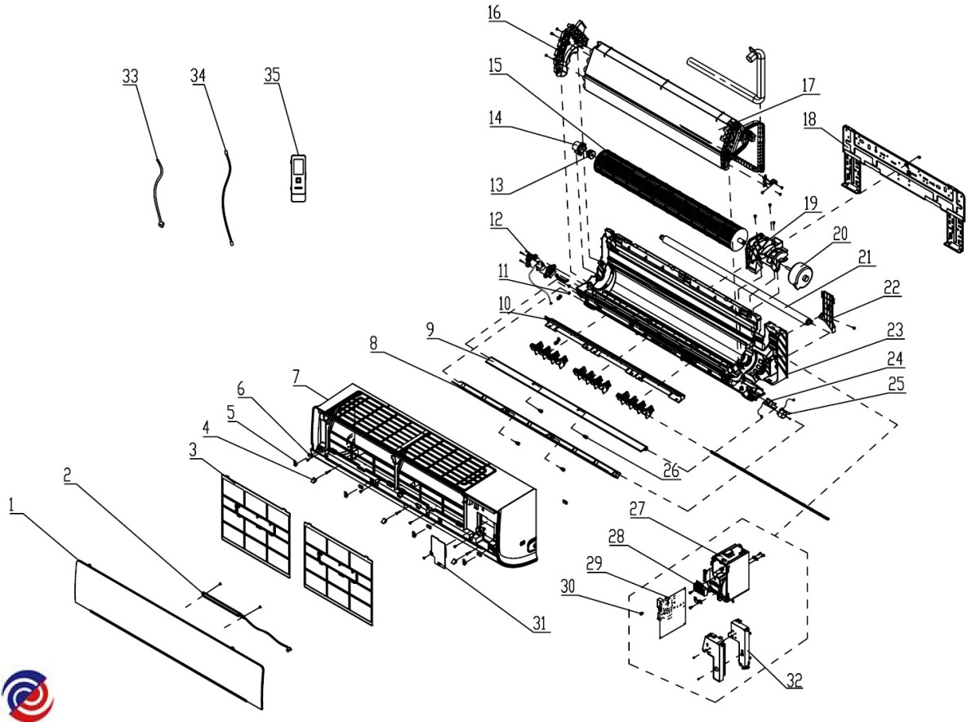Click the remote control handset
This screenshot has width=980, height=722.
point(299,176)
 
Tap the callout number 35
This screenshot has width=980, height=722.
point(272,75)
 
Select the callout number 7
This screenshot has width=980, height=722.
point(296,377)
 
